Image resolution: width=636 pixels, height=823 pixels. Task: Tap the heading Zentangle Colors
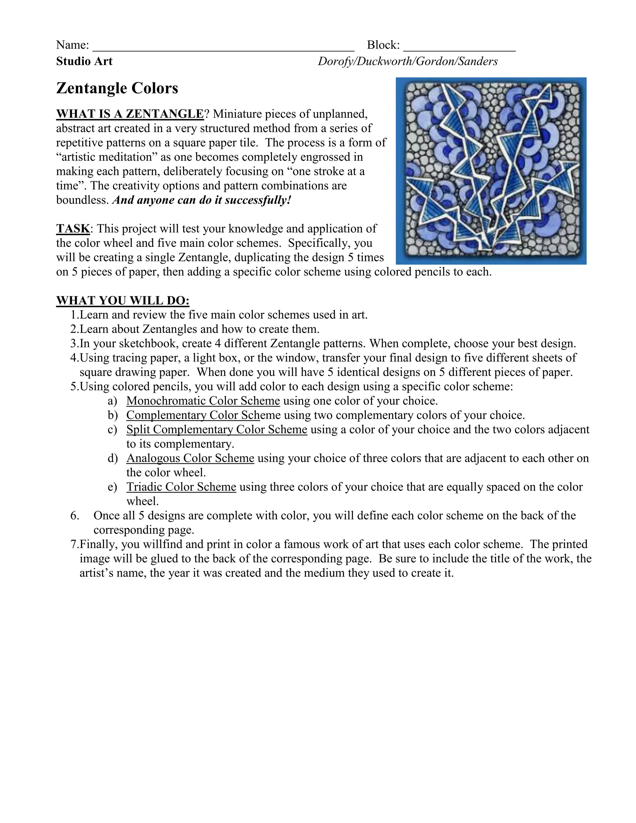117,88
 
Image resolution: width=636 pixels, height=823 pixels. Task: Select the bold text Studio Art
84,61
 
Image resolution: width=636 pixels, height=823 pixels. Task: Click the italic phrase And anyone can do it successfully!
202,200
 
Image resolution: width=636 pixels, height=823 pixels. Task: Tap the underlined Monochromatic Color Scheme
203,401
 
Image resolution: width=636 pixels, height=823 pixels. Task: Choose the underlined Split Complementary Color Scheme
217,430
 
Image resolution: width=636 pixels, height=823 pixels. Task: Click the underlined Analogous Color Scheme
190,458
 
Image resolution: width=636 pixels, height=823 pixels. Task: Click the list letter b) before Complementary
112,415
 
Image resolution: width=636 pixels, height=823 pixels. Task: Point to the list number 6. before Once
75,516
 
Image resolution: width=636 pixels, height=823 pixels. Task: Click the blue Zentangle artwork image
491,171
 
